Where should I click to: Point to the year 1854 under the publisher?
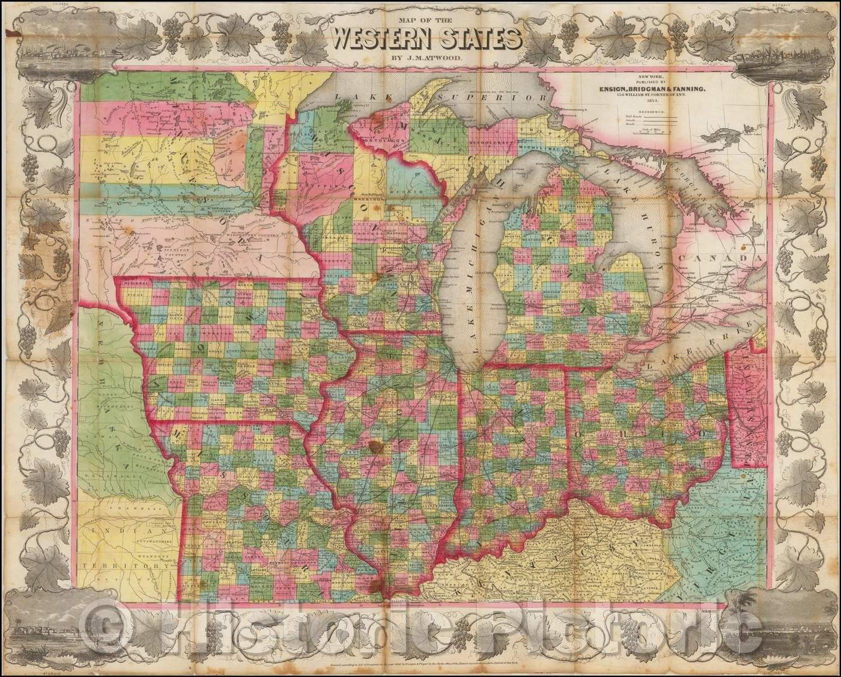click(647, 103)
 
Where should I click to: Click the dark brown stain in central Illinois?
click(377, 447)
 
